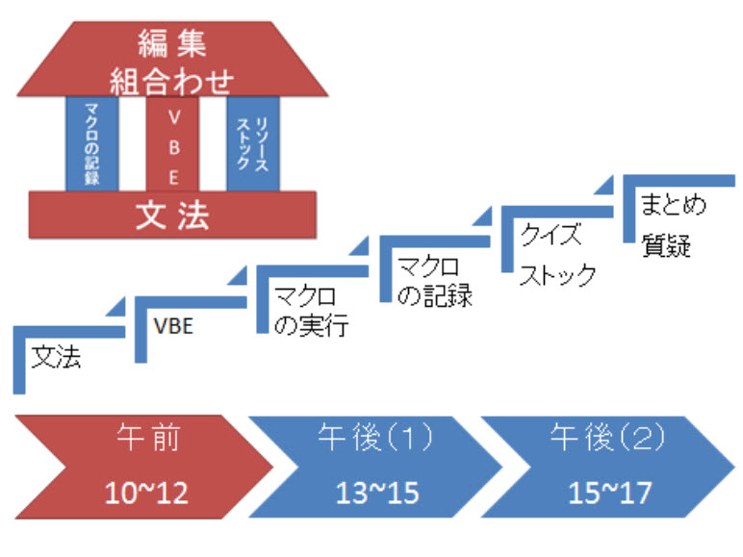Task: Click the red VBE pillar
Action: [x=173, y=144]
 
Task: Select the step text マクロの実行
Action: [x=311, y=310]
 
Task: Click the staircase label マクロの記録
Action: [x=434, y=279]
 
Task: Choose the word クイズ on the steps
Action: [x=550, y=235]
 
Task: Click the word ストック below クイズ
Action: [x=558, y=276]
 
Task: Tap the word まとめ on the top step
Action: [x=674, y=205]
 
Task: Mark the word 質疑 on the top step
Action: [x=666, y=245]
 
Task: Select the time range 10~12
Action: [x=146, y=492]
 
